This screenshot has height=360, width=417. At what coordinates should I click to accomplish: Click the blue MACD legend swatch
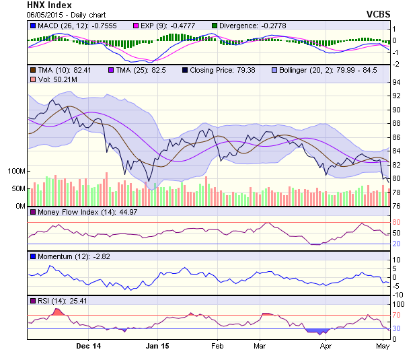[x=32, y=26]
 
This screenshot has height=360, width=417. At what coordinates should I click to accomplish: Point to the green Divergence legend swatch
[x=215, y=26]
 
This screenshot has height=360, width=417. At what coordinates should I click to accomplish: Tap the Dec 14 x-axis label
[x=88, y=347]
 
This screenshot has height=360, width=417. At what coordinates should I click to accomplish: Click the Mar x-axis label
[x=260, y=347]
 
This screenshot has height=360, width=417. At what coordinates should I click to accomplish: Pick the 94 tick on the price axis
[x=397, y=82]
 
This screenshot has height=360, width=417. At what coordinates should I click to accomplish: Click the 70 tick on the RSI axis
[x=397, y=315]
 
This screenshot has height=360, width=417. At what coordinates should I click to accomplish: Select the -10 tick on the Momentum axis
[x=397, y=294]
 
